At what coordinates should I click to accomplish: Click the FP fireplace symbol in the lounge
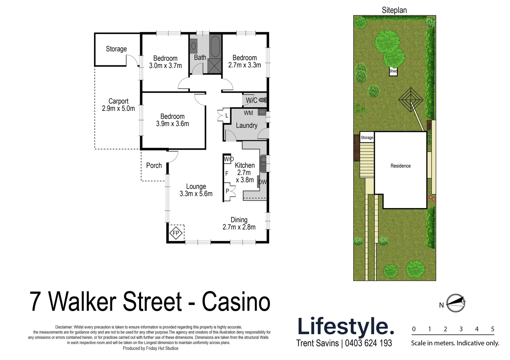176,233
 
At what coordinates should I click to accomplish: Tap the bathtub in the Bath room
215,47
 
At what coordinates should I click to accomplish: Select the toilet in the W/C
263,100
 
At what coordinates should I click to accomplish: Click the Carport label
118,101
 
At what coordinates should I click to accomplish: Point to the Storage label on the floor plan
116,49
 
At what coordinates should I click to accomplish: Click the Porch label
154,166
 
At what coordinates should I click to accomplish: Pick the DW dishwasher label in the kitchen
263,182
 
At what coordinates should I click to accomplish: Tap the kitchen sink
263,163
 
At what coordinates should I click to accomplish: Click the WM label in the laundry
248,113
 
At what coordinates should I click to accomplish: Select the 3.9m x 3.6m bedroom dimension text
172,124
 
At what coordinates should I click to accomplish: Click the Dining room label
239,220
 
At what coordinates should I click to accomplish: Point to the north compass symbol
456,303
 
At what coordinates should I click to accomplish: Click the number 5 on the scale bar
493,329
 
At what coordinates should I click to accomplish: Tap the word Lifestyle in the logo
346,326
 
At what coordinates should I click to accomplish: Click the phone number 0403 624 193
369,343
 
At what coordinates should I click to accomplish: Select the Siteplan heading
394,10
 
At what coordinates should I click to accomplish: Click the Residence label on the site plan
401,166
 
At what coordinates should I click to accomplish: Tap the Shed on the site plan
393,71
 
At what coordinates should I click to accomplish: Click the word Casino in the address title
236,302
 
